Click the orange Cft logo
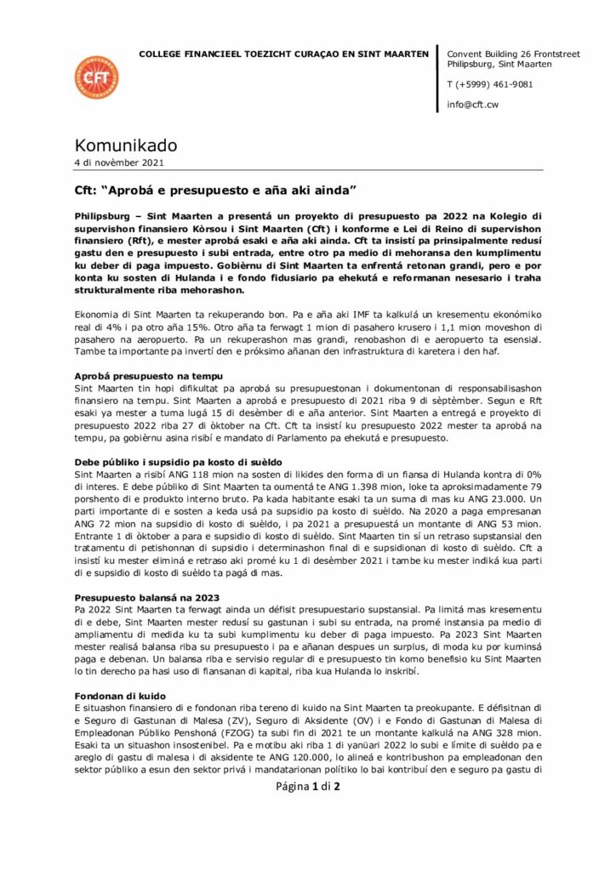click(x=96, y=77)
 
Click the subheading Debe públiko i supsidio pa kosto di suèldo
click(x=179, y=461)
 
